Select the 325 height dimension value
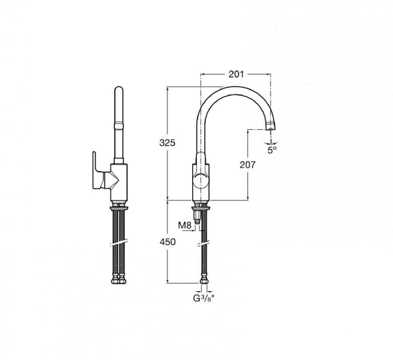167,143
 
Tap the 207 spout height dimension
248,165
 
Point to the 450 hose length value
167,242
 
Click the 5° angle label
272,150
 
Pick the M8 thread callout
185,226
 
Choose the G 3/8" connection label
204,298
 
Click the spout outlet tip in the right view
270,126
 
